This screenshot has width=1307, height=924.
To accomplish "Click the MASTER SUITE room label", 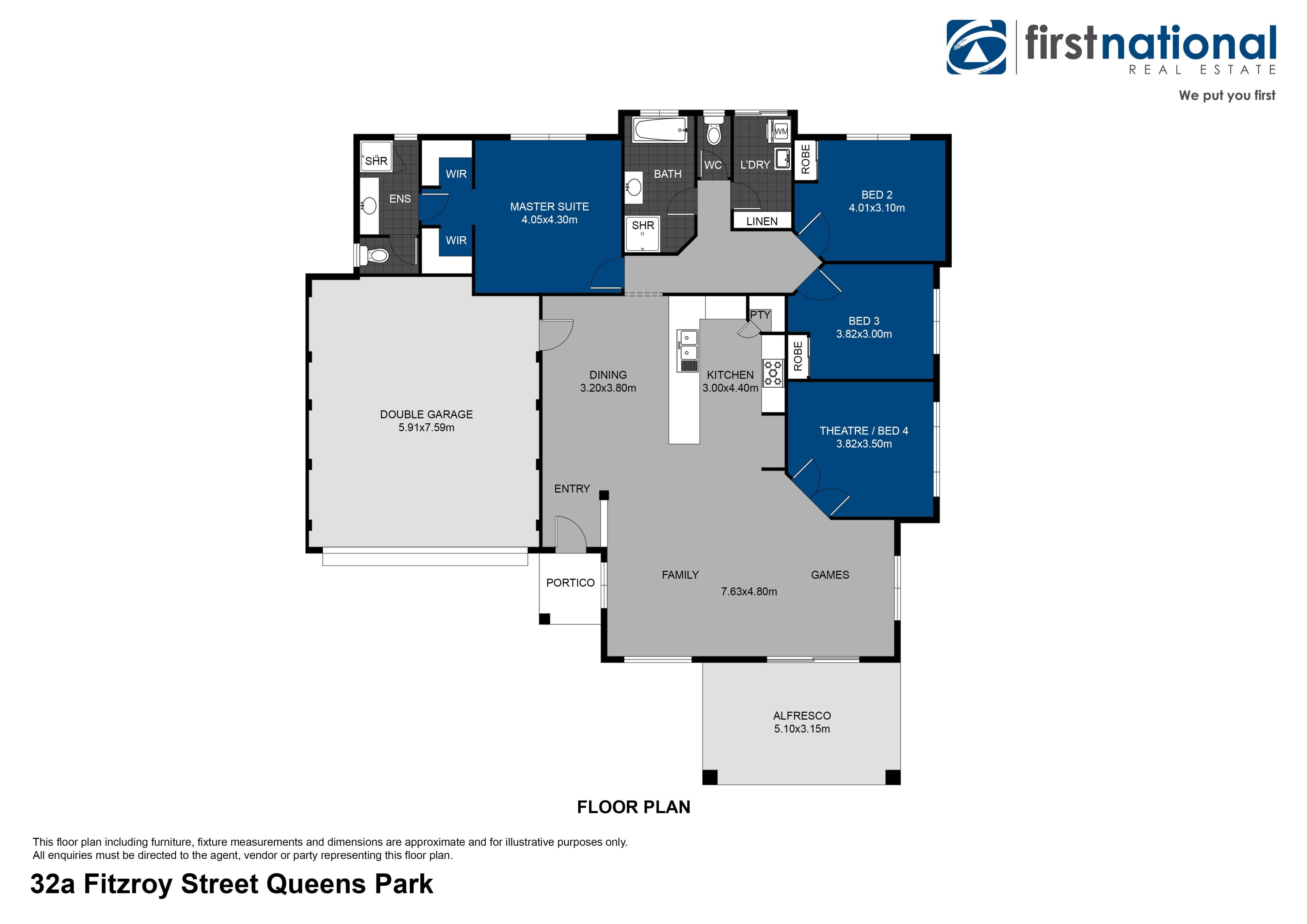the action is (x=549, y=207).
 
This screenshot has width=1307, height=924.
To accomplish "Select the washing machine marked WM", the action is (x=781, y=131).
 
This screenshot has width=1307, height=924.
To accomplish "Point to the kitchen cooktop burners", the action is (x=773, y=373).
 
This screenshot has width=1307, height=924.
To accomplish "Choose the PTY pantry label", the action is (x=760, y=315).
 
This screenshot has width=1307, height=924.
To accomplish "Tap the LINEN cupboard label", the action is (x=762, y=221).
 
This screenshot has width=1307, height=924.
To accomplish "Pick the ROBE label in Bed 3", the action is (x=797, y=356).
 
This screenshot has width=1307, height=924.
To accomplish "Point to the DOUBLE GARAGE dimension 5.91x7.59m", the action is (x=426, y=428).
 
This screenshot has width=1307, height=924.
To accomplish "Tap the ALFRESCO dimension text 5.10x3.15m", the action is (x=802, y=729).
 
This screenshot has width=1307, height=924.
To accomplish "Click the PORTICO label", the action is (x=570, y=583).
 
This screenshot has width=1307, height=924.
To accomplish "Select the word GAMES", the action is (x=830, y=575).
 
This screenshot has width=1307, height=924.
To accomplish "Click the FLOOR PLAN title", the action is (x=633, y=807).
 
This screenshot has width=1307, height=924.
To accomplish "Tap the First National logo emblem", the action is (x=976, y=47).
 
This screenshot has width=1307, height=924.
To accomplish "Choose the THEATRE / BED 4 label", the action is (x=864, y=431).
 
